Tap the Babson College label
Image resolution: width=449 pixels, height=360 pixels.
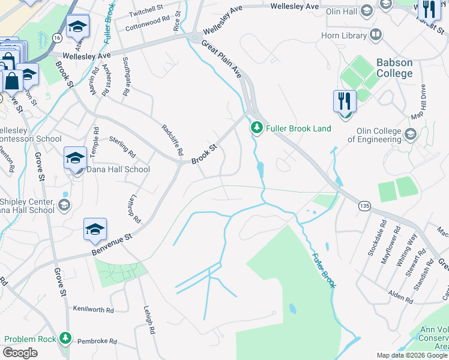tap(394, 68)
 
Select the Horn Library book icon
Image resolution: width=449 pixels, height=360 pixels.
tap(376, 35)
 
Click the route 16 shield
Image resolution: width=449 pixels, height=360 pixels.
tap(56, 37)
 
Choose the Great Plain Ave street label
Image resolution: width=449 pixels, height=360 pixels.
tap(221, 59)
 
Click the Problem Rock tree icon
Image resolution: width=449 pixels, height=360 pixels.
tap(65, 339)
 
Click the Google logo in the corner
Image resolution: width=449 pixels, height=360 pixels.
tap(20, 353)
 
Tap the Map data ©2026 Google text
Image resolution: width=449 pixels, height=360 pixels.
tap(411, 355)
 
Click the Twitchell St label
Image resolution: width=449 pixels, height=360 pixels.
tap(146, 10)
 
